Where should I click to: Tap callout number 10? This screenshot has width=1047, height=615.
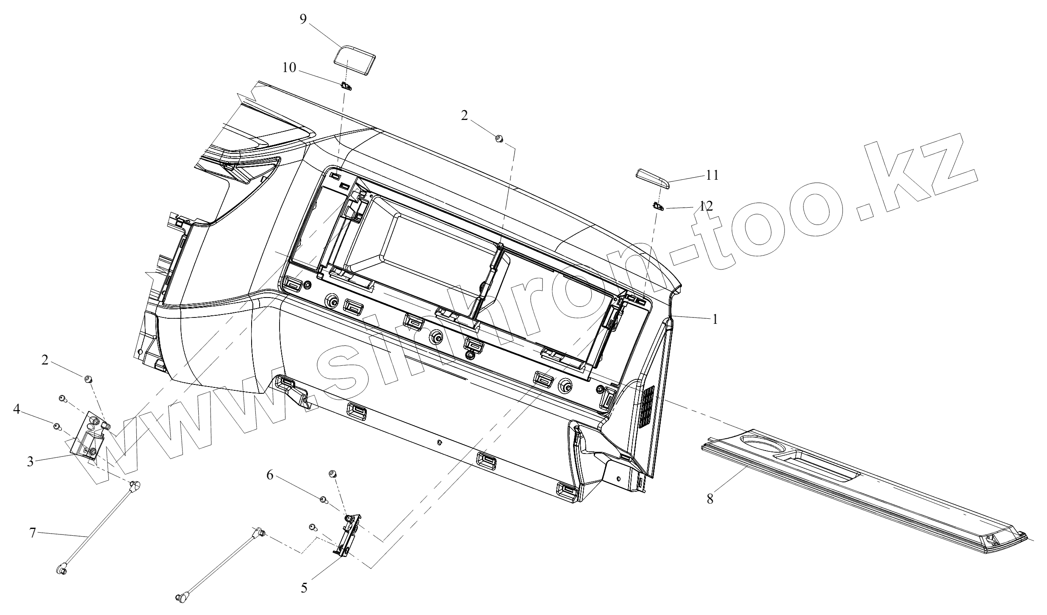pos(289,68)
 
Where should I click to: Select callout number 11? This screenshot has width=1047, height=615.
pos(712,175)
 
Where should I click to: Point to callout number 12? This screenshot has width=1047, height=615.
pos(706,206)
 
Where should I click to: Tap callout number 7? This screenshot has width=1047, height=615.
pos(33,533)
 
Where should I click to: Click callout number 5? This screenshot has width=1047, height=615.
pos(304,588)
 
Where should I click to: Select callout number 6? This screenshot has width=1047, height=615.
pos(270,475)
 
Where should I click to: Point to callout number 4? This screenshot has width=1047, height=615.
pos(17,409)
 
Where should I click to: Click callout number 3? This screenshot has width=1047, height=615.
pos(30,462)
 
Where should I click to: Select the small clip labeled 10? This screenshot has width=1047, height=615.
pos(347,86)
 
